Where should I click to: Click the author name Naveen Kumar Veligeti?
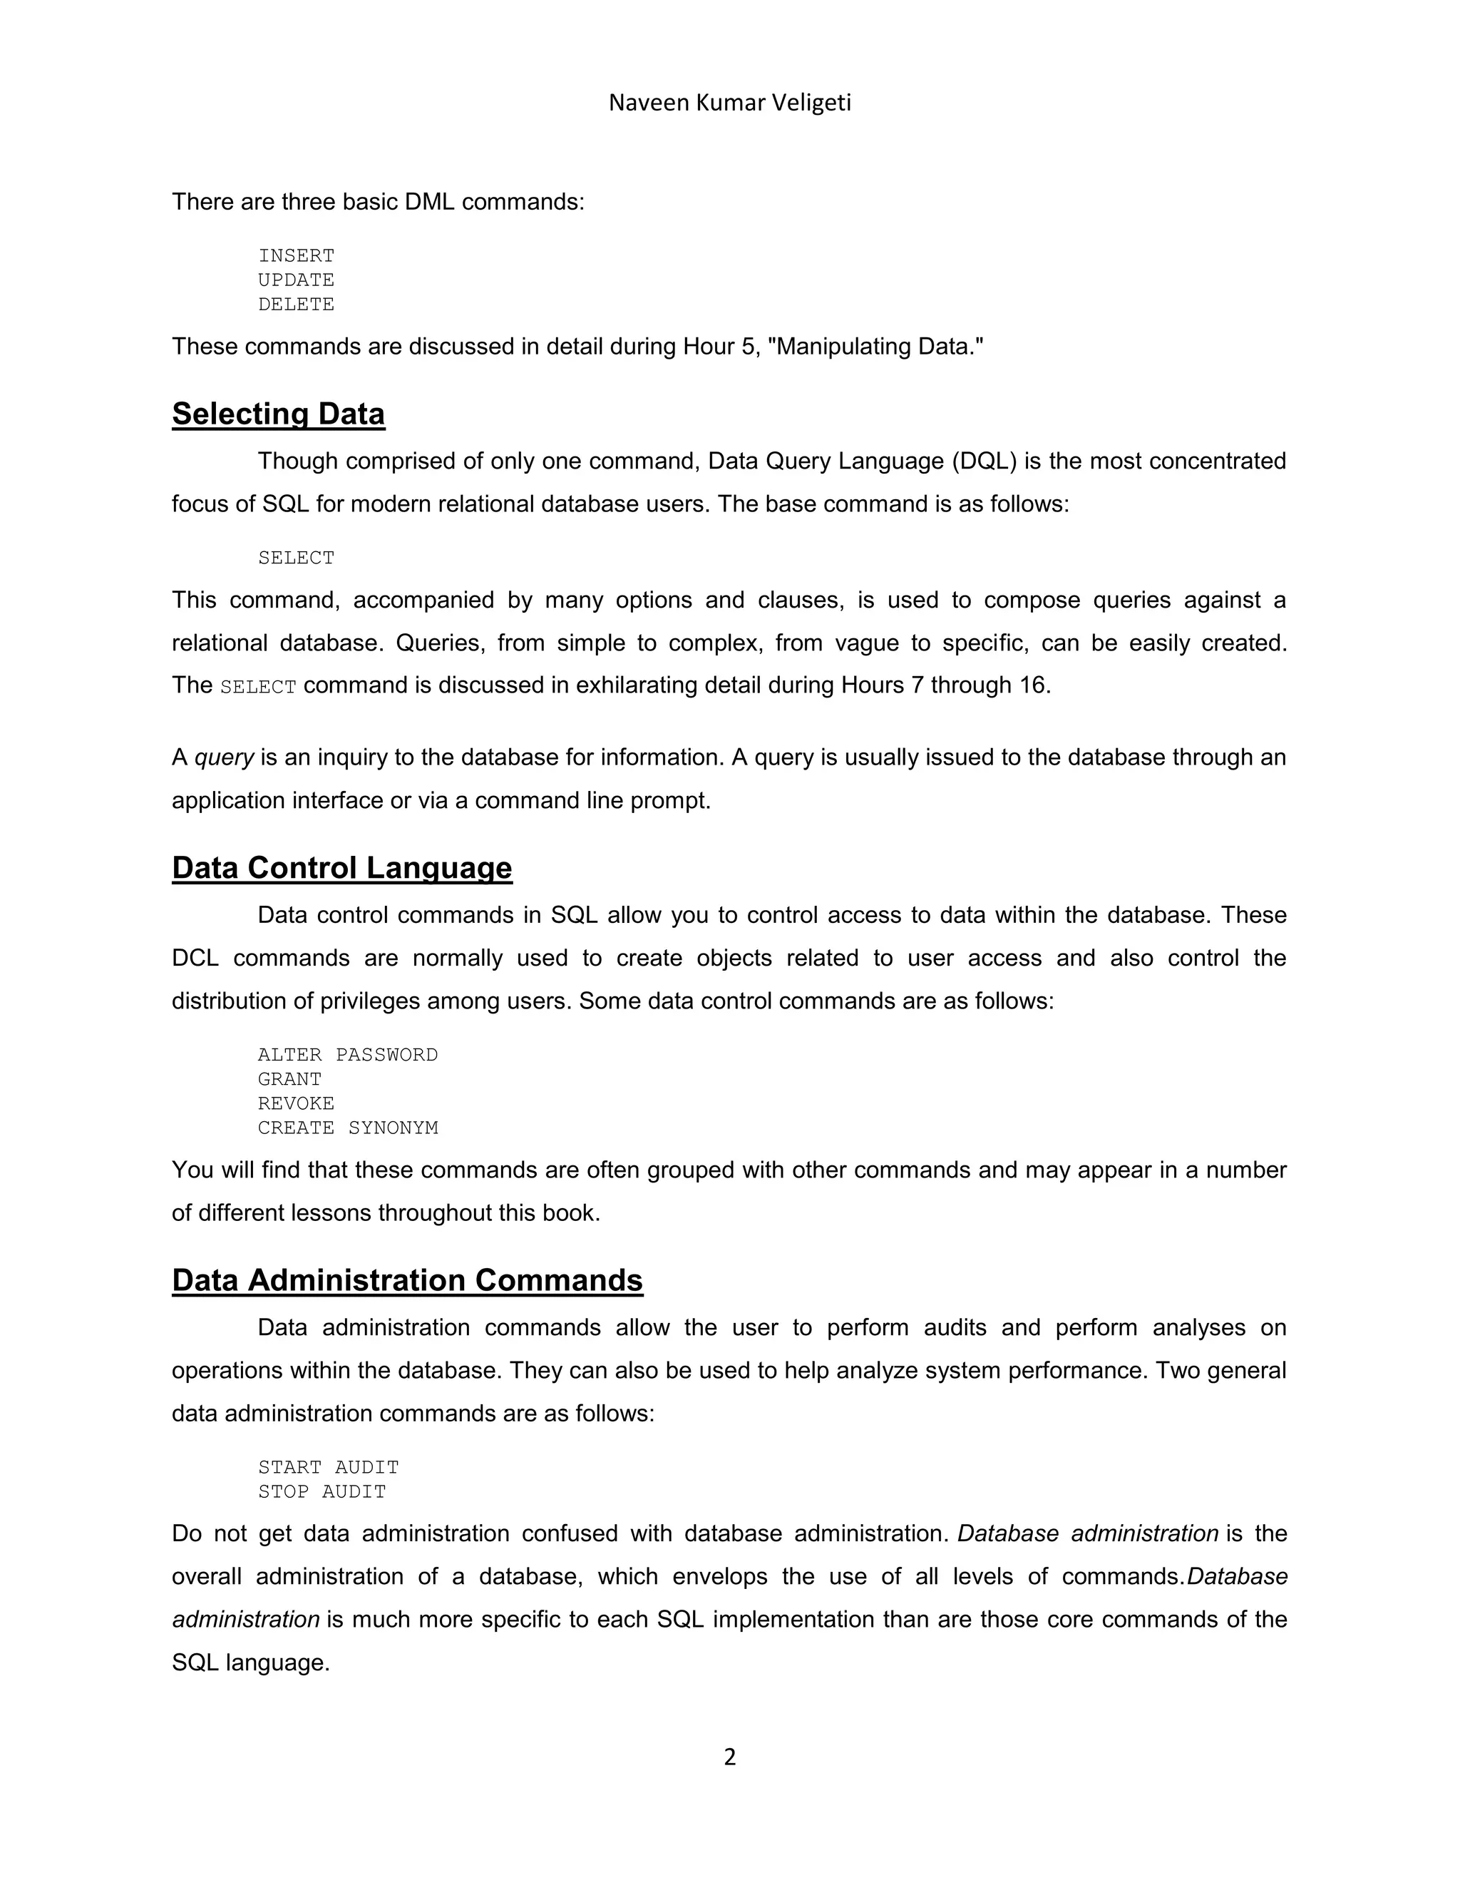tap(729, 103)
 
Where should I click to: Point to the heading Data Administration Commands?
tap(406, 1280)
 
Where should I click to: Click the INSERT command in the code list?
tap(296, 255)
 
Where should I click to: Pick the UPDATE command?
tap(296, 280)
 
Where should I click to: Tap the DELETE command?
tap(296, 304)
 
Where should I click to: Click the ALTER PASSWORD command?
tap(348, 1054)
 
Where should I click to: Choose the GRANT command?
tap(289, 1078)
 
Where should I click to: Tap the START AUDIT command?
tap(328, 1467)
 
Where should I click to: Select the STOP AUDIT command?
tap(322, 1491)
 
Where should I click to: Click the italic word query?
tap(223, 757)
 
